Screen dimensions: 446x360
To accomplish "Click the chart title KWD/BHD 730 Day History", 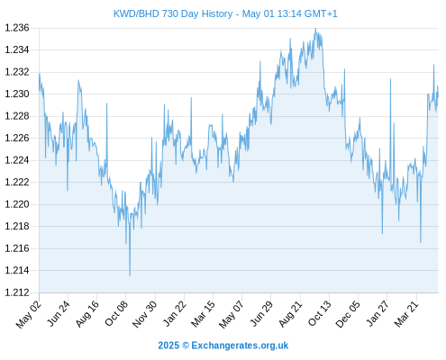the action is click(173, 13).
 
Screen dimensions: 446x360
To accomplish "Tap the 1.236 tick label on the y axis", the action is click(17, 28).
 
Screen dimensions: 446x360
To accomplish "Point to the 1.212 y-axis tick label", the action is click(17, 292).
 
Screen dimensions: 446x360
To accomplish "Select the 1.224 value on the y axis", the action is click(17, 160).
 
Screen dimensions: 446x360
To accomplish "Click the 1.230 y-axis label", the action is click(17, 94).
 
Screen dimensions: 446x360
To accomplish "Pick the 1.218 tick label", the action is click(17, 226).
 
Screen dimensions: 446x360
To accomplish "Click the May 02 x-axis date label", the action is click(29, 314).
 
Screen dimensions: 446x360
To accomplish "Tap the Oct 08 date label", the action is click(116, 313).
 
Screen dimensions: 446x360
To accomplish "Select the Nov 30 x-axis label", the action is click(144, 314).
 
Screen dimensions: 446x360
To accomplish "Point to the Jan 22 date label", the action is click(175, 313).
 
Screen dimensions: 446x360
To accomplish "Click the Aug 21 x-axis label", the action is click(290, 313).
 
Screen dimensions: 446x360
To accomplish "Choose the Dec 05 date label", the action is click(348, 314).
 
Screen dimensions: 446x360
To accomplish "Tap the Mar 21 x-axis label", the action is click(406, 313).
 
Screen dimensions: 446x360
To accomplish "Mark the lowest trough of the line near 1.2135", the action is click(130, 275).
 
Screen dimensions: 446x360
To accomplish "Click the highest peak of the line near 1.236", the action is click(315, 29).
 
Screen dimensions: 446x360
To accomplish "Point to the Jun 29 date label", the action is click(261, 313).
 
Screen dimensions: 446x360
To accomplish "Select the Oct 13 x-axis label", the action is click(320, 313).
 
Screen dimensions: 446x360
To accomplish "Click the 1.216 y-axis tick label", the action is click(17, 248).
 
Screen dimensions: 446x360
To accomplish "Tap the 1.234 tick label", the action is click(17, 49).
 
